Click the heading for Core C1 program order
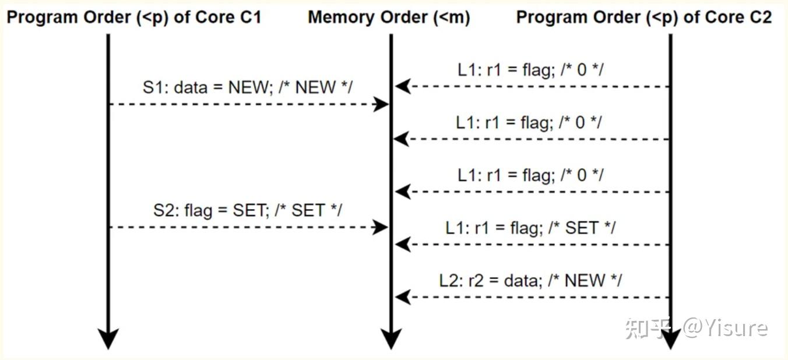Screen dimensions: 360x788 (133, 17)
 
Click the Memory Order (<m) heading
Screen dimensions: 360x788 (389, 17)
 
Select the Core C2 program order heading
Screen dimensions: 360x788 (643, 17)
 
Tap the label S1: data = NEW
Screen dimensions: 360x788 (247, 87)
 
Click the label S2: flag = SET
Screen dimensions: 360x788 (247, 210)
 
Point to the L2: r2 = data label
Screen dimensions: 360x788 (530, 281)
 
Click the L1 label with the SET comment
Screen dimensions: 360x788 (530, 228)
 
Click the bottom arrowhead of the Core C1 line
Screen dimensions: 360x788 (108, 338)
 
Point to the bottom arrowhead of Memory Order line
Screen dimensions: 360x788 (391, 338)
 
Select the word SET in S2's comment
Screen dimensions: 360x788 (307, 210)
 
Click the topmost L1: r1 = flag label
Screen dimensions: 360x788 (530, 70)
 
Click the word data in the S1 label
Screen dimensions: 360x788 (191, 87)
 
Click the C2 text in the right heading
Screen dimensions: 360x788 (759, 17)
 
